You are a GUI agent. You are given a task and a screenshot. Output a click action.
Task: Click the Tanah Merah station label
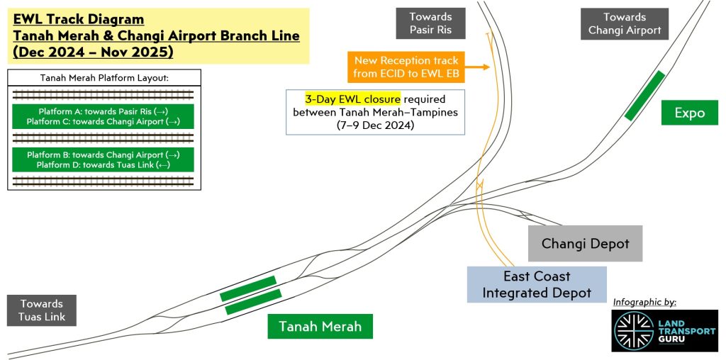320,326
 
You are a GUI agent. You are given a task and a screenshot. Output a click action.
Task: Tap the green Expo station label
689,113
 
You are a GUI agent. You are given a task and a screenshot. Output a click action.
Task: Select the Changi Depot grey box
585,244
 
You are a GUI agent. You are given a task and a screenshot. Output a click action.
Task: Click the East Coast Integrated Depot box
537,284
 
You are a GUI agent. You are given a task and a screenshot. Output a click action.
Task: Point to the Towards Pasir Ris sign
430,23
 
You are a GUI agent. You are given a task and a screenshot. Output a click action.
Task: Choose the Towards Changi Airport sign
624,23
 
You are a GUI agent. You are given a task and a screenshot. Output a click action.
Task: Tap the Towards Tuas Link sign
42,310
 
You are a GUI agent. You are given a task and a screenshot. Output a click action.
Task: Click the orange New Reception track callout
406,67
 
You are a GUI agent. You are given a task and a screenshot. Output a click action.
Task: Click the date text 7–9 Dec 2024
375,125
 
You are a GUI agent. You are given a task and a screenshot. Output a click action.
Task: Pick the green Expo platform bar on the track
644,95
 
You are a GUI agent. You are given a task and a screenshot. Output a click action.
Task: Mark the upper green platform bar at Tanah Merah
247,288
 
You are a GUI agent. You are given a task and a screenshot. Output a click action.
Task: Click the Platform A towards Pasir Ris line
103,112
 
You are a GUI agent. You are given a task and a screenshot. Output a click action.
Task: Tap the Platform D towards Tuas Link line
103,165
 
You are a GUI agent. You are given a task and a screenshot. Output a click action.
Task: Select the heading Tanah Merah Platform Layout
104,78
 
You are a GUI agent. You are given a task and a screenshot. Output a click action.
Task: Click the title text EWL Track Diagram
78,19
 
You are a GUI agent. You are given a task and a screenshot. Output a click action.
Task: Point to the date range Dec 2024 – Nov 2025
93,52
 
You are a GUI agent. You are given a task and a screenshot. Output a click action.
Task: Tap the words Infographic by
644,302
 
